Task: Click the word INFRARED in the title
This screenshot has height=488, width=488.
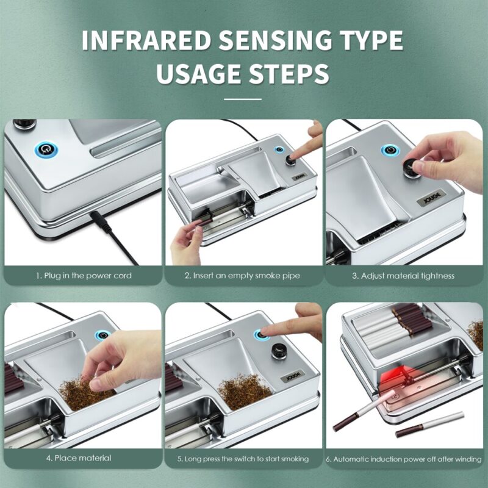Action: tap(145, 41)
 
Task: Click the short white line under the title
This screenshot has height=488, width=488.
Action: tap(243, 98)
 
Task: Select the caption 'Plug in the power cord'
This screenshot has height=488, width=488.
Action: tap(83, 276)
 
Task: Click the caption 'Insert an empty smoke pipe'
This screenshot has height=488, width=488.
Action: tap(242, 276)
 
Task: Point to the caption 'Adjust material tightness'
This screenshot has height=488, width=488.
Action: tap(403, 276)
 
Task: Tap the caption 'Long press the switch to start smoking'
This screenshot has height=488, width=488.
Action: tap(242, 459)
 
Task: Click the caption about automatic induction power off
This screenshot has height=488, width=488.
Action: tap(403, 459)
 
